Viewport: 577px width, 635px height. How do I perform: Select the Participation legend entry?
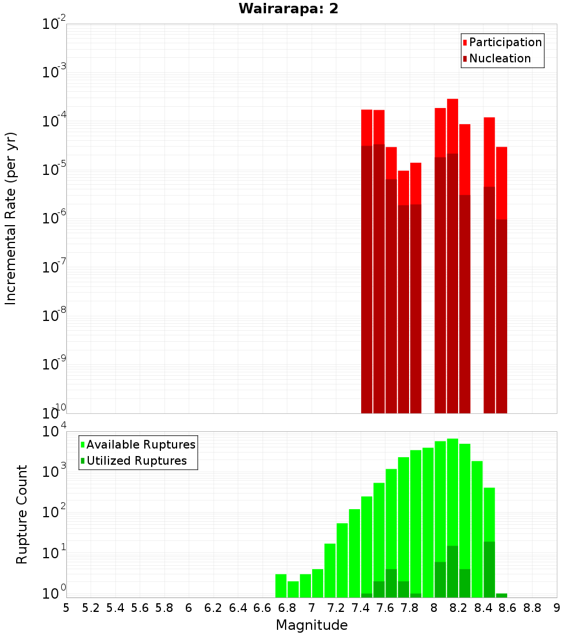point(505,42)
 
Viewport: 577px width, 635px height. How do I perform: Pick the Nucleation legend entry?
point(499,58)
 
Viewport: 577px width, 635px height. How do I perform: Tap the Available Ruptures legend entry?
point(140,444)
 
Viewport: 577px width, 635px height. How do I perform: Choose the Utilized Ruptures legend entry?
point(136,461)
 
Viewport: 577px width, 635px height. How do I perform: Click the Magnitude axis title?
point(312,625)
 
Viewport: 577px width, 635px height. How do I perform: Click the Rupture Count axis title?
point(22,514)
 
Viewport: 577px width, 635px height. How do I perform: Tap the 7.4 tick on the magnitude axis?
point(361,607)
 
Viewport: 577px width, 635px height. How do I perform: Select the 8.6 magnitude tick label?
point(508,607)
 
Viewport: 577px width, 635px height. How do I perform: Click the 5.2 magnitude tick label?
point(91,607)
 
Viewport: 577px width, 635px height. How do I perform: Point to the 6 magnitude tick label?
point(189,607)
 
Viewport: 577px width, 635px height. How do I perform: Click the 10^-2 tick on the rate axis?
point(54,24)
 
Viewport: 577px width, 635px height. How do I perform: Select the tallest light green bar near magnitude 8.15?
point(452,491)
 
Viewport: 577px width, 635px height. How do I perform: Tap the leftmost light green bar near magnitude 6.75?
point(281,585)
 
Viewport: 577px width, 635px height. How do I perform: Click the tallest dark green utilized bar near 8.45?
point(489,569)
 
